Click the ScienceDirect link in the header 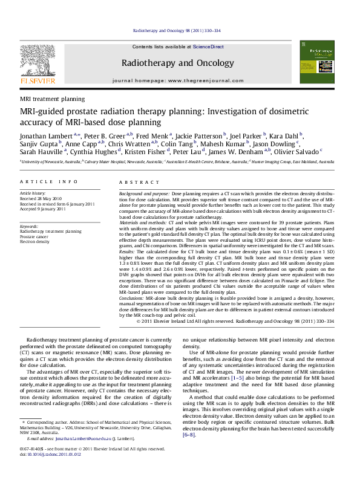point(209,47)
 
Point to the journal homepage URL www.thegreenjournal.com point(202,80)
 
